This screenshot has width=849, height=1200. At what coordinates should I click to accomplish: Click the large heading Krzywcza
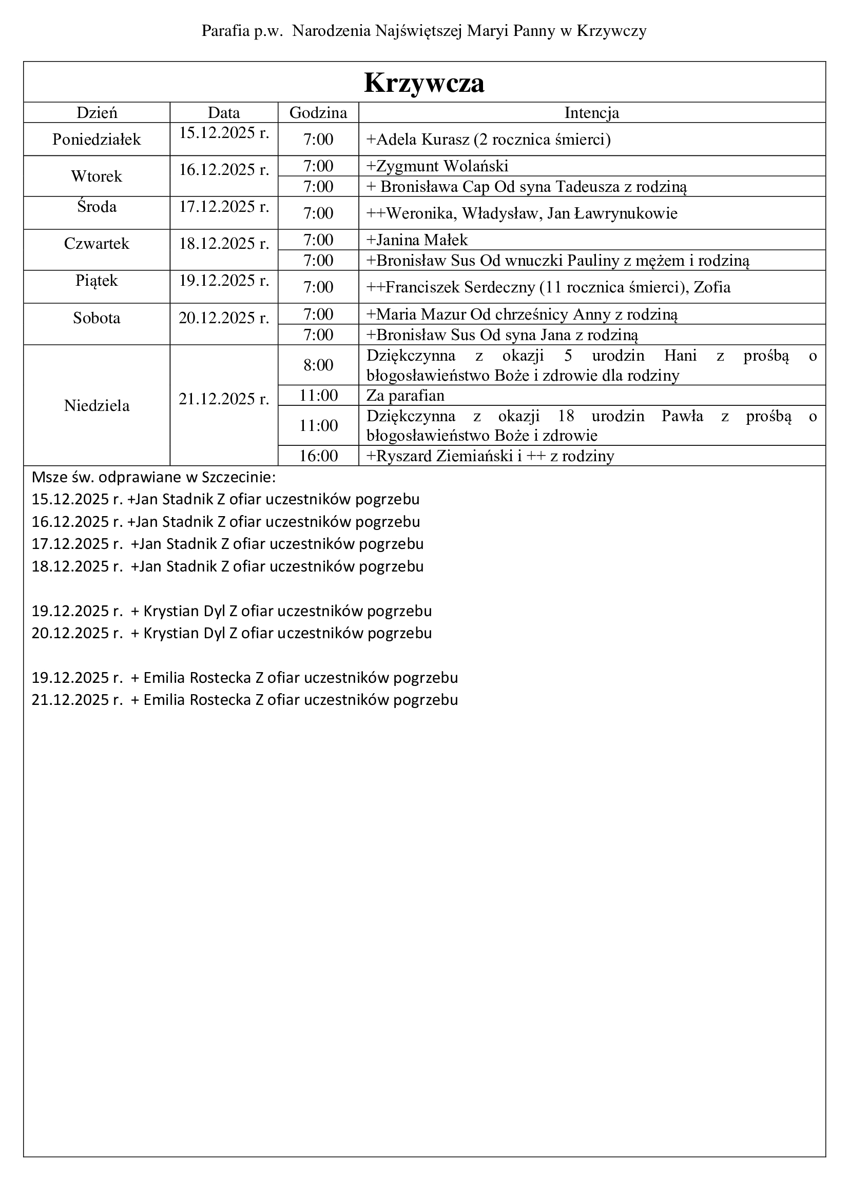coord(424,83)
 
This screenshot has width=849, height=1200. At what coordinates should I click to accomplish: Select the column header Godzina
coord(318,112)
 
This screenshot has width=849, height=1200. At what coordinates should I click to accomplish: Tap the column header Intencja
coord(592,112)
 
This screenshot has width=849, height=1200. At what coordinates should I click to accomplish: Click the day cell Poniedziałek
coord(97,139)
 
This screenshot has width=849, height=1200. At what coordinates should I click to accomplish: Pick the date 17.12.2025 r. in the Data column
coord(224,206)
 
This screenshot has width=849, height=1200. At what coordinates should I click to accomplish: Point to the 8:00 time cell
coord(318,365)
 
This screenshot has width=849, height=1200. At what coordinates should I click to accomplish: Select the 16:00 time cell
coord(318,456)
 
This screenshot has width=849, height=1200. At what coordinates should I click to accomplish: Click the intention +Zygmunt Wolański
coord(437,166)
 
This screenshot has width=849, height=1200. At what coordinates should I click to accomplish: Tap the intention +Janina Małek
coord(417,240)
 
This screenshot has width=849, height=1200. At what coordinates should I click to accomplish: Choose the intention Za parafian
coord(405,395)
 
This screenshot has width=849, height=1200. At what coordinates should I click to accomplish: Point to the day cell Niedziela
coord(97,406)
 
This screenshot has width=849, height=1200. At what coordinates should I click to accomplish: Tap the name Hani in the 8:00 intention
coord(680,356)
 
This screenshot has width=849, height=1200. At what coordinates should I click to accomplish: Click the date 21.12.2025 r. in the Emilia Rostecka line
coord(77,699)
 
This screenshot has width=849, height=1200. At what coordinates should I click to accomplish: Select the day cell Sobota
coord(97,318)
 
